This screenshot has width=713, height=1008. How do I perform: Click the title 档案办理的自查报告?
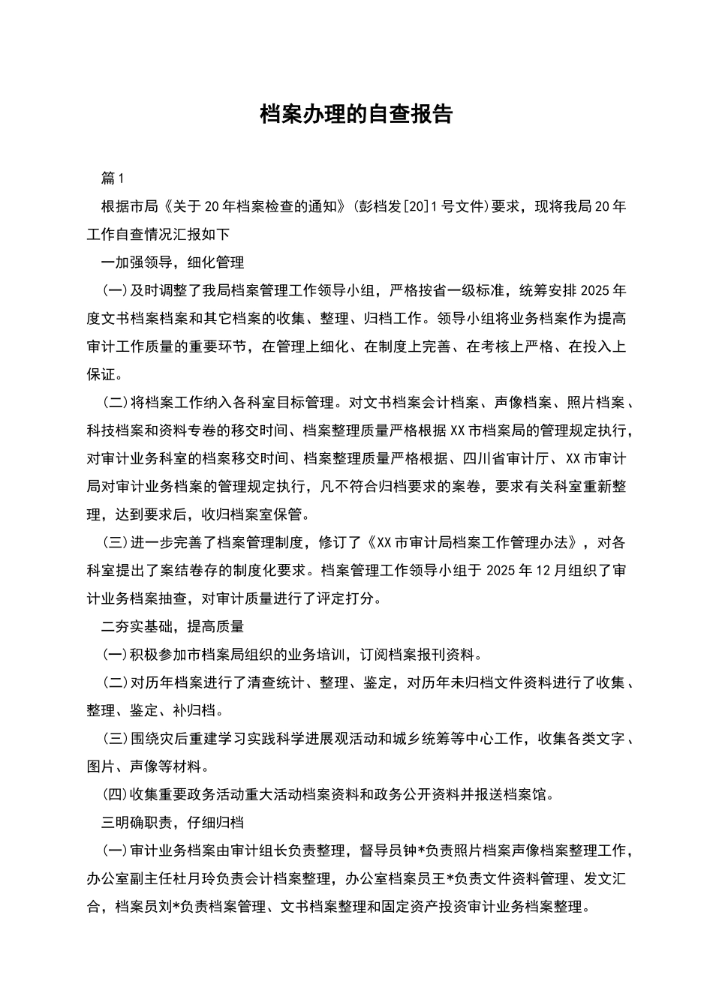click(356, 114)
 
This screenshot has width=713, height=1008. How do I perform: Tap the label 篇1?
click(112, 178)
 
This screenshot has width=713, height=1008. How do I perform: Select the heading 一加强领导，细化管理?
click(173, 262)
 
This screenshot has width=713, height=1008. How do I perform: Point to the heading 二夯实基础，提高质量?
click(173, 626)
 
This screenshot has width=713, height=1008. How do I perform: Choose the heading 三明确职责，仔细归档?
click(173, 822)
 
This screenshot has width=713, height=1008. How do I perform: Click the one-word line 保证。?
click(105, 374)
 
